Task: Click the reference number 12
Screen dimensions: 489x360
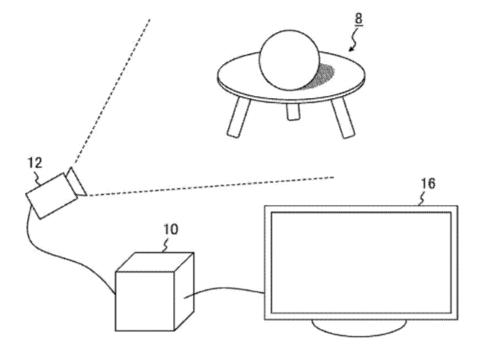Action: [x=35, y=163]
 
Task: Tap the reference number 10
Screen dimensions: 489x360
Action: [x=171, y=229]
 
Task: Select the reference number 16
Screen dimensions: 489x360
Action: [x=428, y=183]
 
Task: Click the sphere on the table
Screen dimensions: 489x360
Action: [x=289, y=60]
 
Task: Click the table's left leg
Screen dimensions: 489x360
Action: [x=238, y=117]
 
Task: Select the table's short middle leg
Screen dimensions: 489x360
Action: [x=293, y=111]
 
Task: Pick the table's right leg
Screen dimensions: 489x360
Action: [x=343, y=118]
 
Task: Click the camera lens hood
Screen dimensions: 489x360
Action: [x=76, y=182]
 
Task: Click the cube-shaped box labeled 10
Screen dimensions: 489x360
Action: [x=155, y=291]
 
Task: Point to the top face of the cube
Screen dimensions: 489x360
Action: [x=155, y=262]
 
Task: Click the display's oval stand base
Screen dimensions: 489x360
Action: [x=359, y=328]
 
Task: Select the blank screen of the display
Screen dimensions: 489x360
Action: [x=361, y=263]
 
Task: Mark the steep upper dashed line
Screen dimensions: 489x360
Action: [x=111, y=91]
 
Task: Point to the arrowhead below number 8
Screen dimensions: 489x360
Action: [x=350, y=49]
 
